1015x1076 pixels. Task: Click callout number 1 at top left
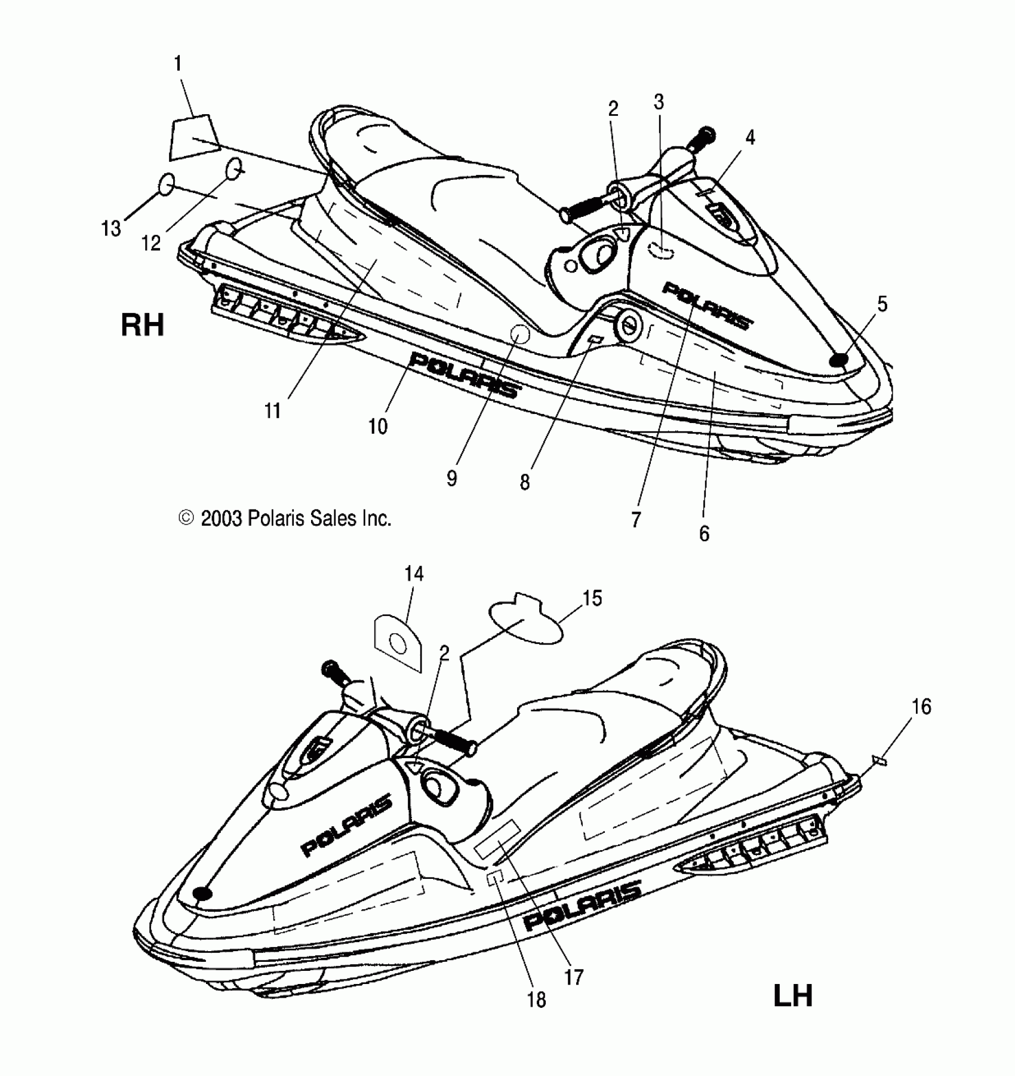(x=177, y=64)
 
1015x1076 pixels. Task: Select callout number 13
(x=111, y=228)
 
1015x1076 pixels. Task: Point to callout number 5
(x=882, y=304)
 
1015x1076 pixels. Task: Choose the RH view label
(x=142, y=326)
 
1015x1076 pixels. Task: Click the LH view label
(x=793, y=996)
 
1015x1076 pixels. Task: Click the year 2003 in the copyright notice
(x=221, y=518)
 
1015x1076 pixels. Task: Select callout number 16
(x=921, y=707)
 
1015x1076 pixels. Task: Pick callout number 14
(x=414, y=574)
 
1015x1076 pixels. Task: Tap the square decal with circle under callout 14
(x=396, y=642)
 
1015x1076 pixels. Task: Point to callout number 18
(x=536, y=1000)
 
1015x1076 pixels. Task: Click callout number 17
(x=573, y=977)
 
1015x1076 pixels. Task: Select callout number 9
(x=451, y=479)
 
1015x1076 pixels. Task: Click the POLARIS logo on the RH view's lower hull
(x=463, y=375)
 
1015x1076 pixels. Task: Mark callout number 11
(x=272, y=410)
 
